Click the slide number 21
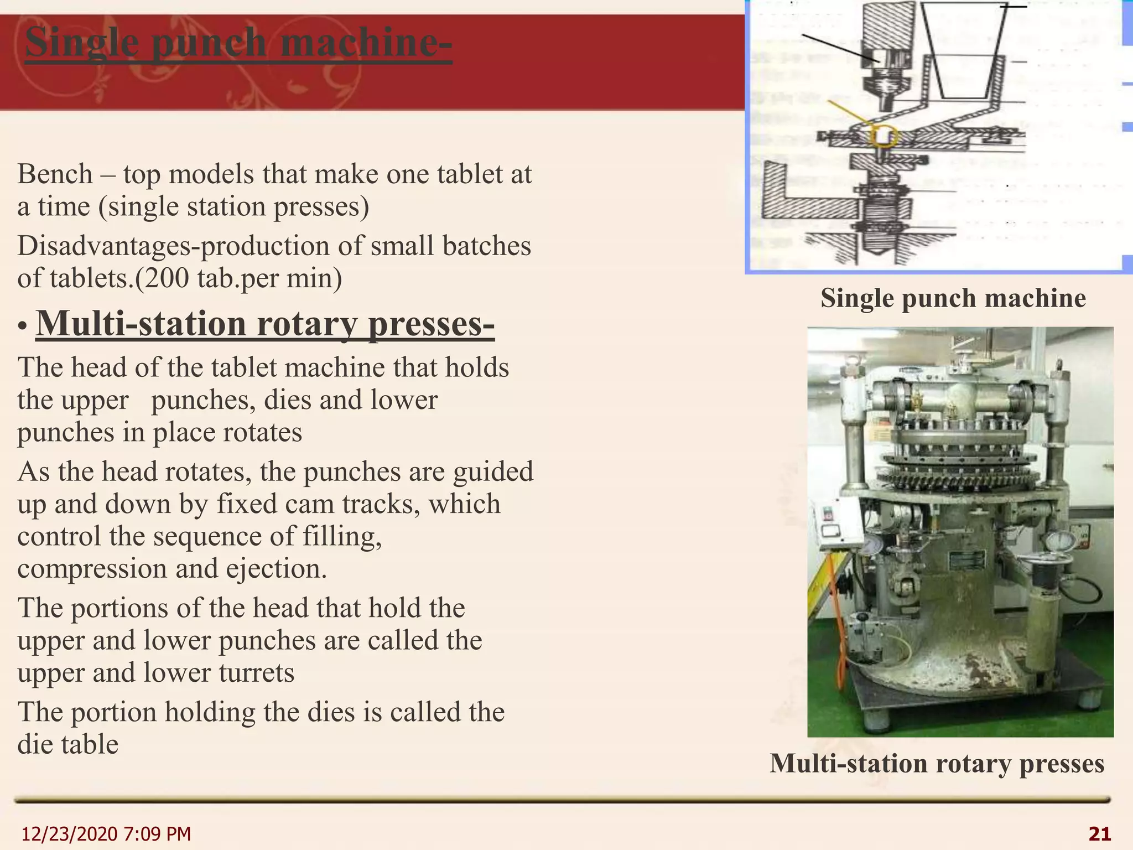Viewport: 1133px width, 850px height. (1099, 833)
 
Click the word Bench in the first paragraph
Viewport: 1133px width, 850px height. (55, 174)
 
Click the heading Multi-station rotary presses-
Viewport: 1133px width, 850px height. (265, 324)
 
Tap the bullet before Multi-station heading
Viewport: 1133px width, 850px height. (22, 327)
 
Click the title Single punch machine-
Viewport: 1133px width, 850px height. (238, 43)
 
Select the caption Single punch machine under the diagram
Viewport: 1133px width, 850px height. (953, 298)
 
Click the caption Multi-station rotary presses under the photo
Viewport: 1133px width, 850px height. (937, 764)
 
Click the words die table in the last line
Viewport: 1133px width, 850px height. (68, 744)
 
